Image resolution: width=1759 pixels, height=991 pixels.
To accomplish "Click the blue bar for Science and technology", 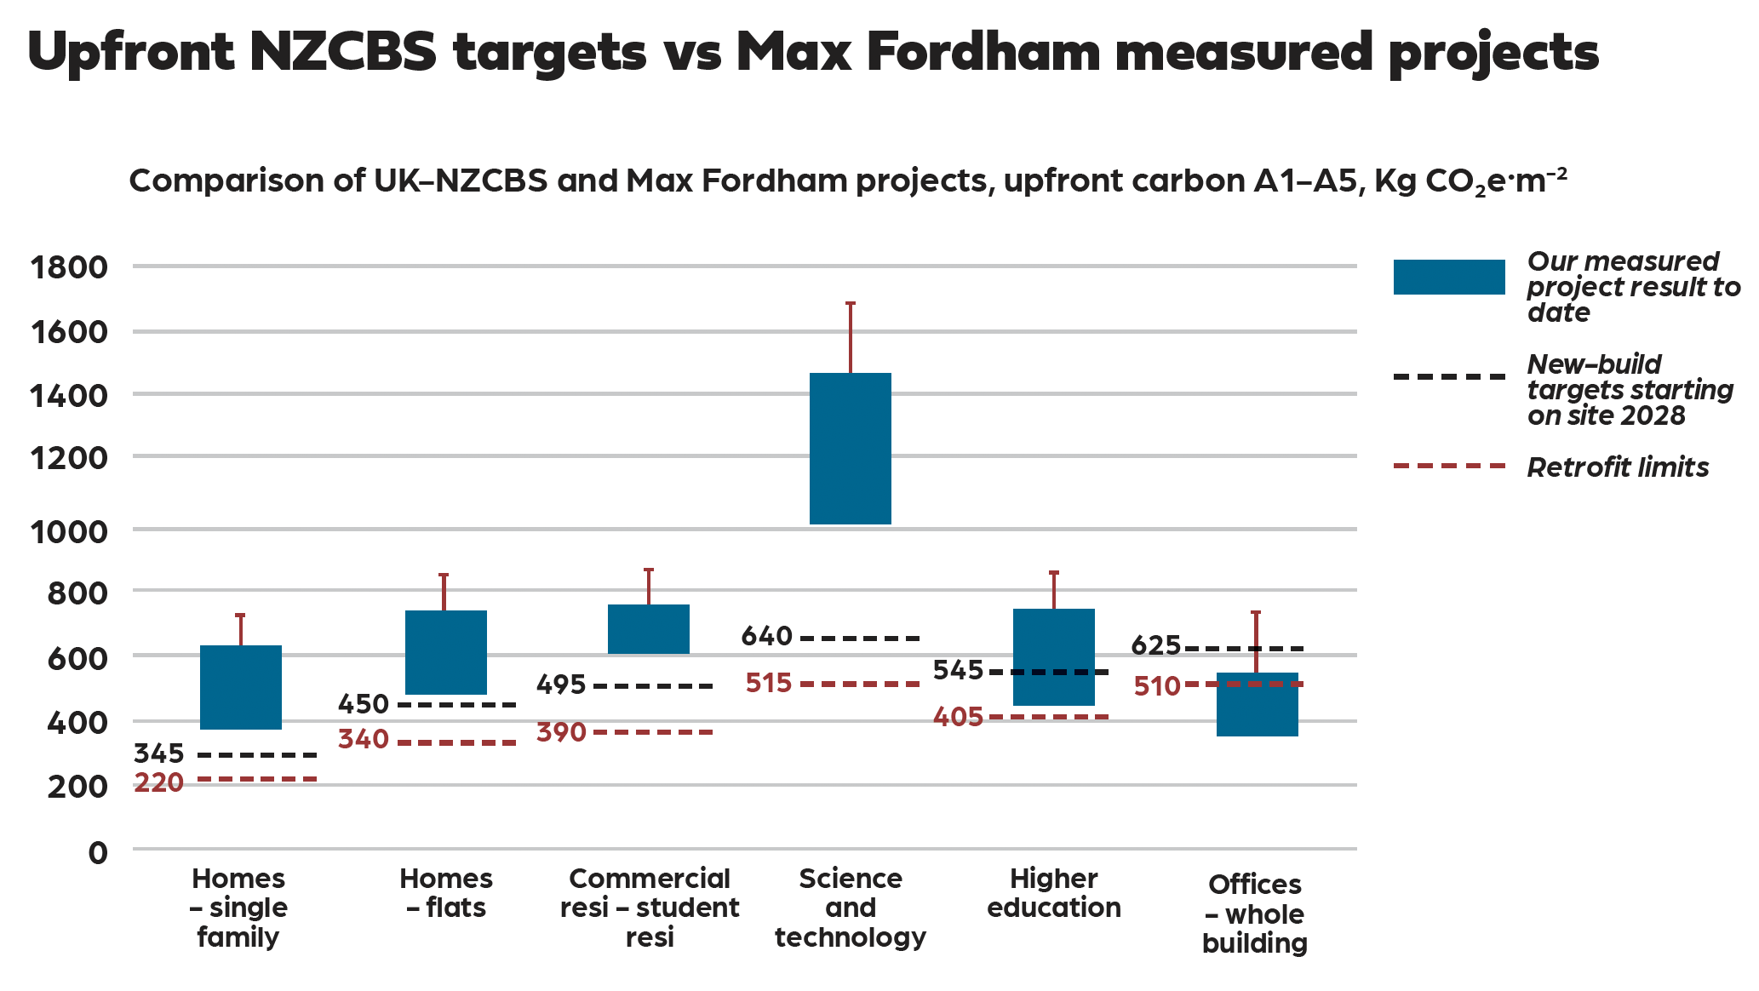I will click(850, 449).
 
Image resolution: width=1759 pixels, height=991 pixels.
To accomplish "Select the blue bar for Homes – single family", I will click(241, 687).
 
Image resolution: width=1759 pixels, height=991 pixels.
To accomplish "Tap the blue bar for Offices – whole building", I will click(1257, 704).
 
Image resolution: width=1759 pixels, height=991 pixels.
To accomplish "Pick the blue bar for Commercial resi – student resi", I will click(649, 629).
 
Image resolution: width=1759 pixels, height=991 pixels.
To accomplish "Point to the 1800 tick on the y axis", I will click(69, 267).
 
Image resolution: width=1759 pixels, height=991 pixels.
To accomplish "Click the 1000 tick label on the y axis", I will click(69, 531).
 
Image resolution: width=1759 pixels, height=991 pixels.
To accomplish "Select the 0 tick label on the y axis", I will click(98, 852).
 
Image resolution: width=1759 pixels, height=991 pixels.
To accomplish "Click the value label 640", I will click(766, 636).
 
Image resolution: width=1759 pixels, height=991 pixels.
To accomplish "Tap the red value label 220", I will click(159, 782).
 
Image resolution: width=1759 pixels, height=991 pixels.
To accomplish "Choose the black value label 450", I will click(364, 704).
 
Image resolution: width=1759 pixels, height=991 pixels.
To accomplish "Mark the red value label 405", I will click(958, 718).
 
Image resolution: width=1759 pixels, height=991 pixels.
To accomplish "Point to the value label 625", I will click(1155, 646).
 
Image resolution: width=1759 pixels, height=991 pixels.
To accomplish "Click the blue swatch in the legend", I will click(1448, 278).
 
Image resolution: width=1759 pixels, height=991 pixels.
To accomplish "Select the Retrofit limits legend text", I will click(1618, 467).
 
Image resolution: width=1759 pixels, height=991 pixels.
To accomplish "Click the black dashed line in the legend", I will click(1448, 376).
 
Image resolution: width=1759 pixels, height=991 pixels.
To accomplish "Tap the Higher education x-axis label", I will click(1053, 893).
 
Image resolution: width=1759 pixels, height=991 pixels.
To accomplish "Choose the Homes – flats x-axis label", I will click(446, 893).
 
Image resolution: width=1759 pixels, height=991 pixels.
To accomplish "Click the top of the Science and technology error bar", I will click(850, 303).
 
